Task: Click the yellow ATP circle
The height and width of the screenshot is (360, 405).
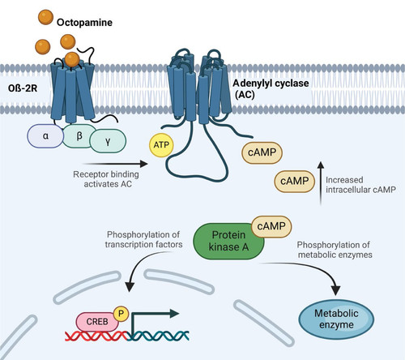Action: point(161,145)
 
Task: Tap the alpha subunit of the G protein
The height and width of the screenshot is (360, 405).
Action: point(45,136)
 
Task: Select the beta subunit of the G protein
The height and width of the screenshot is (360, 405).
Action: point(79,135)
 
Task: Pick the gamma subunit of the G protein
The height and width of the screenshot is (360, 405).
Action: point(108,141)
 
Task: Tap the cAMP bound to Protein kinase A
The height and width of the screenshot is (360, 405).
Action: point(271,226)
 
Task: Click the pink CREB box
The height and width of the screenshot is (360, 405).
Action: point(96,322)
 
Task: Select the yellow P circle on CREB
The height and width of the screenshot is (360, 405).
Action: point(121,314)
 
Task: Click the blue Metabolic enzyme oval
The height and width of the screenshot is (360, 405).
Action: point(336,319)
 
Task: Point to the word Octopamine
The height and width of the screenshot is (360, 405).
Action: point(84,23)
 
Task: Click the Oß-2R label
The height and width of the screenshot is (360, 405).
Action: point(23,88)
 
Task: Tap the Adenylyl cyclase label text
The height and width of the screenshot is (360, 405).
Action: point(271,88)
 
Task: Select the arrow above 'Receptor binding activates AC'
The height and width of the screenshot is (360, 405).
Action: point(115,164)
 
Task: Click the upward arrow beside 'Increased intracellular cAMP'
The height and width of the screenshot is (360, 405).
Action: point(321,184)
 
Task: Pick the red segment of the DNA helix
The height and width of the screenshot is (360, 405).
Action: point(96,336)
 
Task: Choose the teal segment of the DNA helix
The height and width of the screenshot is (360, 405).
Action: point(158,336)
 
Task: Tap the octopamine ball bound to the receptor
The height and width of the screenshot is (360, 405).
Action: point(72,59)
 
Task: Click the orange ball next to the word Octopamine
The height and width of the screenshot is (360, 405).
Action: point(45,17)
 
